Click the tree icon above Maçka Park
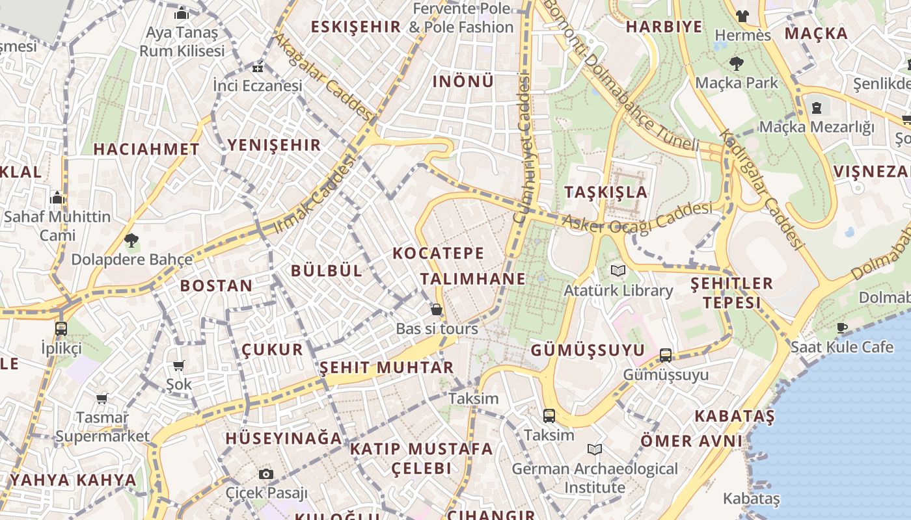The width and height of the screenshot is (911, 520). coord(737,64)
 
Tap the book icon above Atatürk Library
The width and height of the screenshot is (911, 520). coord(618,270)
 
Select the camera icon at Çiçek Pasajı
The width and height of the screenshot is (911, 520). coord(265,474)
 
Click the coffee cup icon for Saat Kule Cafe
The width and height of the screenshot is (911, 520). coord(842,328)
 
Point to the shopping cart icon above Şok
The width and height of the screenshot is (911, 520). coord(178,365)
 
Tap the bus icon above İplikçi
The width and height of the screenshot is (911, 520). coord(61,328)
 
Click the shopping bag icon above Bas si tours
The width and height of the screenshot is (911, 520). coord(437,309)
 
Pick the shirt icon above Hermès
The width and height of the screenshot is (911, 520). coord(742,16)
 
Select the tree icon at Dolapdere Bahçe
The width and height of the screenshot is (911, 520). coord(131,240)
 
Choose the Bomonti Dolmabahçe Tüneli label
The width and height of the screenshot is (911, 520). coord(621,75)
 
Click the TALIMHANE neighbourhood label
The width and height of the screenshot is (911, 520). coord(472,279)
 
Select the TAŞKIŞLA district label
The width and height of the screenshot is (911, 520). coord(606,192)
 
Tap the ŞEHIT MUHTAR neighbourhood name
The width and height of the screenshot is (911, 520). coord(387,367)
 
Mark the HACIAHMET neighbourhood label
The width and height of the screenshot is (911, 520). coord(146,149)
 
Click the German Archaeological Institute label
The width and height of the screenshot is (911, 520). coord(595,478)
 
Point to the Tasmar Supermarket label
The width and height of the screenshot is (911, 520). coord(103,426)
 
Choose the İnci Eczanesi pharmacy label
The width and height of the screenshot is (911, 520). coord(258,85)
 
